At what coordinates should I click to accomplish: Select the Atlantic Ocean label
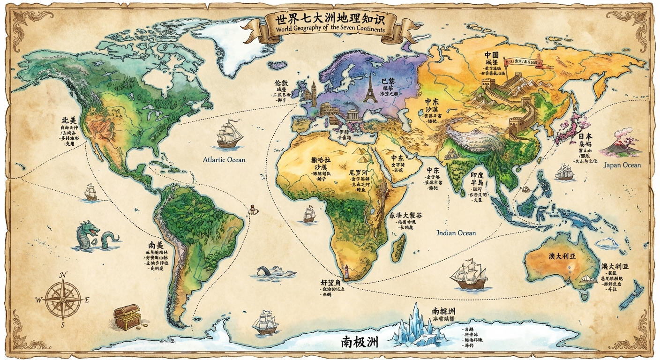(224, 160)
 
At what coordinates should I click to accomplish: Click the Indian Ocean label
(456, 233)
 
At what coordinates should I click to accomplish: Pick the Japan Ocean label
(622, 165)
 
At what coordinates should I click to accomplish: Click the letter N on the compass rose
(64, 275)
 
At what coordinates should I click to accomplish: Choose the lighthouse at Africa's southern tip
(347, 271)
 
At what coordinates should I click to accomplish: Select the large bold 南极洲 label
(360, 342)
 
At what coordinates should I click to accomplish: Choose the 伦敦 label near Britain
(281, 83)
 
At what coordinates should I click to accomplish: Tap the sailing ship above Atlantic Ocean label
(229, 134)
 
